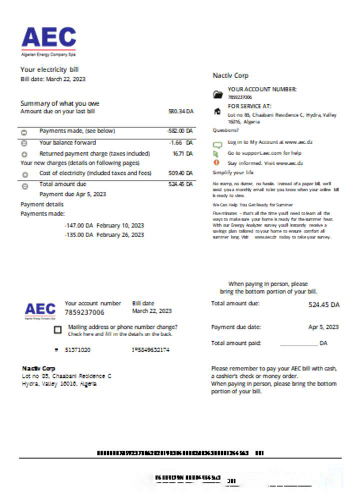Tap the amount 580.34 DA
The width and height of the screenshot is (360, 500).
[180, 111]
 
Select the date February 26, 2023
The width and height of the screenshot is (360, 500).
[120, 234]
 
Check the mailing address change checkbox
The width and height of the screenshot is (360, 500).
[57, 330]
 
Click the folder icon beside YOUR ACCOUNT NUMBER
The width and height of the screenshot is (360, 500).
[217, 94]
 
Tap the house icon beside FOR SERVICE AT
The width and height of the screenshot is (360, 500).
[217, 111]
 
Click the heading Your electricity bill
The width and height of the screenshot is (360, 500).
[49, 69]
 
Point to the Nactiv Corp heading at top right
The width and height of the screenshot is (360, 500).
[230, 75]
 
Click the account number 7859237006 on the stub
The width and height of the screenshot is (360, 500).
[84, 312]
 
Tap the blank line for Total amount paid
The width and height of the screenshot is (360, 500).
[298, 344]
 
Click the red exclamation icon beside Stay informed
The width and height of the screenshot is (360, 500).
[217, 163]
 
